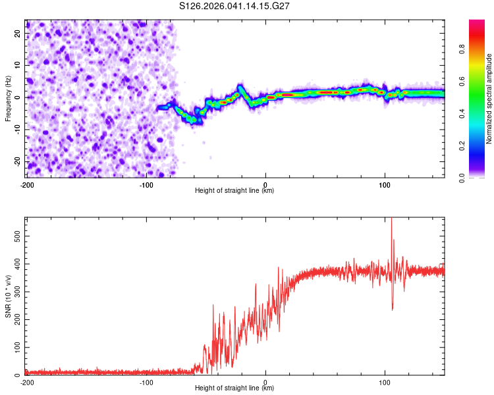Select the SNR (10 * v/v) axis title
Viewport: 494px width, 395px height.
(8, 296)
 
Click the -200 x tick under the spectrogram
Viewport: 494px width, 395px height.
(27, 184)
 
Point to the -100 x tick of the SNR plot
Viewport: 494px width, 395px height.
(146, 382)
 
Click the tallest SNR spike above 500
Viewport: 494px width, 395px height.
(392, 219)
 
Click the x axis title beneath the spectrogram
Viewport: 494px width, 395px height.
(235, 191)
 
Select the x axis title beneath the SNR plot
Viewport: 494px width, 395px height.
(235, 389)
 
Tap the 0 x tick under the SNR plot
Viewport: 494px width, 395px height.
(265, 382)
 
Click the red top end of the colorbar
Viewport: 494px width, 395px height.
(477, 24)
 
